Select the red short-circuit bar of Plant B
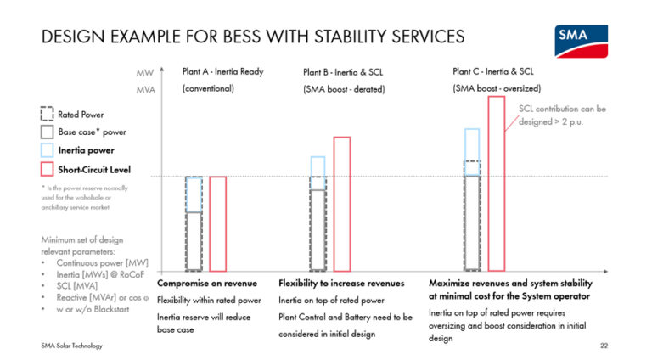(342, 204)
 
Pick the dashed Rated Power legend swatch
(48, 114)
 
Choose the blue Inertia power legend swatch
(48, 150)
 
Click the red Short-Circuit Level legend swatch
(48, 168)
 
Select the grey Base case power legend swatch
(48, 132)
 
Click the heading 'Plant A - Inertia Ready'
(222, 71)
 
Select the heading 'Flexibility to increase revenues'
(341, 283)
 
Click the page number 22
(604, 347)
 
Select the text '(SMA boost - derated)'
(344, 89)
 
